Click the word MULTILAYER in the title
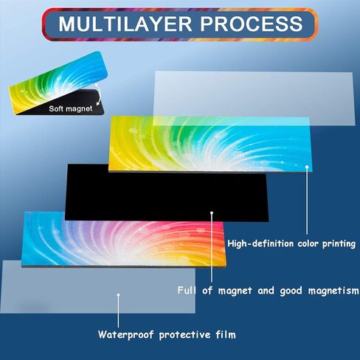point(125,24)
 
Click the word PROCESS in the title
point(252,24)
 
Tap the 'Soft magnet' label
point(71,108)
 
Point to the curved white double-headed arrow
point(98,94)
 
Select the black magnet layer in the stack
point(167,193)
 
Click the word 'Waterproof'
point(125,335)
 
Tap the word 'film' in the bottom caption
point(226,335)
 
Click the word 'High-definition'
point(260,243)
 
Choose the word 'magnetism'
point(333,291)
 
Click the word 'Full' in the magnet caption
point(187,291)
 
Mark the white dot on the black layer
point(212,212)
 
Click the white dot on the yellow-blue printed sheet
point(307,167)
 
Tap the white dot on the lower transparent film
point(118,295)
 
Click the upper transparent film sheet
point(254,98)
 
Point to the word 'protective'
point(184,335)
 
